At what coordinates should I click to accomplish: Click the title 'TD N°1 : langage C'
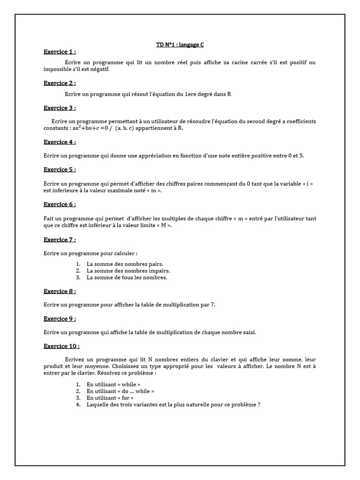coord(180,45)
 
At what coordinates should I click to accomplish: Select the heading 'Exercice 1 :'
coord(60,52)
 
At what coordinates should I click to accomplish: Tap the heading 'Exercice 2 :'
coord(60,83)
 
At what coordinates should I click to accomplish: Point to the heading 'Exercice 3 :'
coord(60,108)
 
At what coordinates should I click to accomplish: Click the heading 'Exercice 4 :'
coord(60,142)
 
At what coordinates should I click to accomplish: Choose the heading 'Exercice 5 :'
coord(60,170)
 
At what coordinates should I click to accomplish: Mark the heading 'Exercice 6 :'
coord(60,204)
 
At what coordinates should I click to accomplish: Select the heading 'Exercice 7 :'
coord(60,240)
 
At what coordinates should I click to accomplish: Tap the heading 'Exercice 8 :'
coord(60,291)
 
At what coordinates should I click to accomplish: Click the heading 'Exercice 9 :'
coord(60,319)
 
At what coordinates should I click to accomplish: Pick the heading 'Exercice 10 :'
coord(61,346)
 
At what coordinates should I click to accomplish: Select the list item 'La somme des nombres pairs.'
coord(125,264)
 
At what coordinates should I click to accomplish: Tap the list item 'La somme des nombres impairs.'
coord(128,270)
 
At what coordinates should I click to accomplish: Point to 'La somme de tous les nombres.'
coord(127,277)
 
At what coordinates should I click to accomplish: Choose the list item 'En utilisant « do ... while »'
coord(120,391)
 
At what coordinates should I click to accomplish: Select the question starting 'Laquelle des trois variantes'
coord(173,404)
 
